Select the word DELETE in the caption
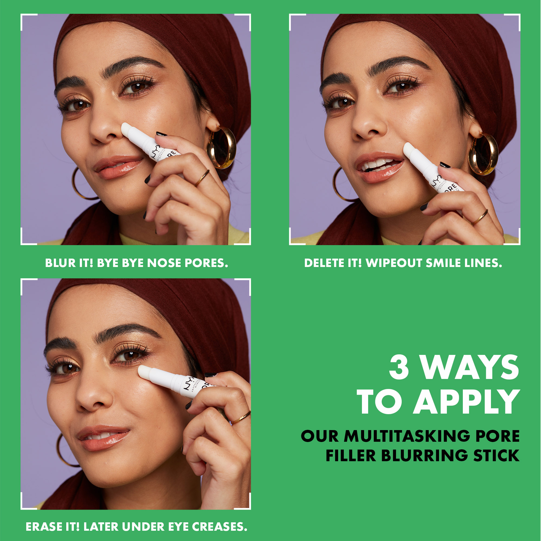321,263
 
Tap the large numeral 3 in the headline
399,367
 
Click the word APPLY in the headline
466,401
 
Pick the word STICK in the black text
496,455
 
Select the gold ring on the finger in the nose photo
202,178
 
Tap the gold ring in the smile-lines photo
480,217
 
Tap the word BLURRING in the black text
424,455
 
